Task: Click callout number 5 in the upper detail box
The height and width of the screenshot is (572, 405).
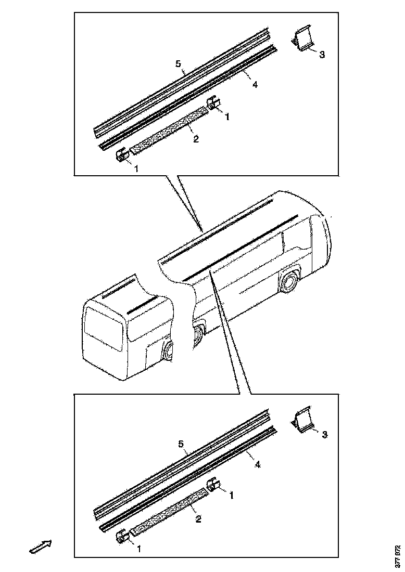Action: click(x=178, y=64)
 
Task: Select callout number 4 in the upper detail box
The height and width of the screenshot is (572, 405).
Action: click(x=255, y=85)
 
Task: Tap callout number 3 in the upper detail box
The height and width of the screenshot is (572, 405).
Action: click(x=322, y=55)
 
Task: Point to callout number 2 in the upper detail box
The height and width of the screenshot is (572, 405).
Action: click(x=196, y=139)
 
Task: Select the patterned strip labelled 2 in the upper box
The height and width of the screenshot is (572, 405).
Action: click(x=169, y=130)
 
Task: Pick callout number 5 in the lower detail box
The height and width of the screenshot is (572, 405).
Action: click(x=181, y=444)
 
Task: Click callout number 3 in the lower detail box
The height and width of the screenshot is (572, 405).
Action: click(x=324, y=434)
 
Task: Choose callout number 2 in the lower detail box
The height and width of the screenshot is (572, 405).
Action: click(x=198, y=518)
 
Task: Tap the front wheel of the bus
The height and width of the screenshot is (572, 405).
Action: click(x=287, y=282)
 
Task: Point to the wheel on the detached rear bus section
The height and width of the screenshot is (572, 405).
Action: click(x=169, y=352)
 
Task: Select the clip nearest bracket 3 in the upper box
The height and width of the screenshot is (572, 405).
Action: click(x=213, y=104)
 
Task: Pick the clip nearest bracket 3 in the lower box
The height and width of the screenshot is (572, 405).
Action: click(x=213, y=485)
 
